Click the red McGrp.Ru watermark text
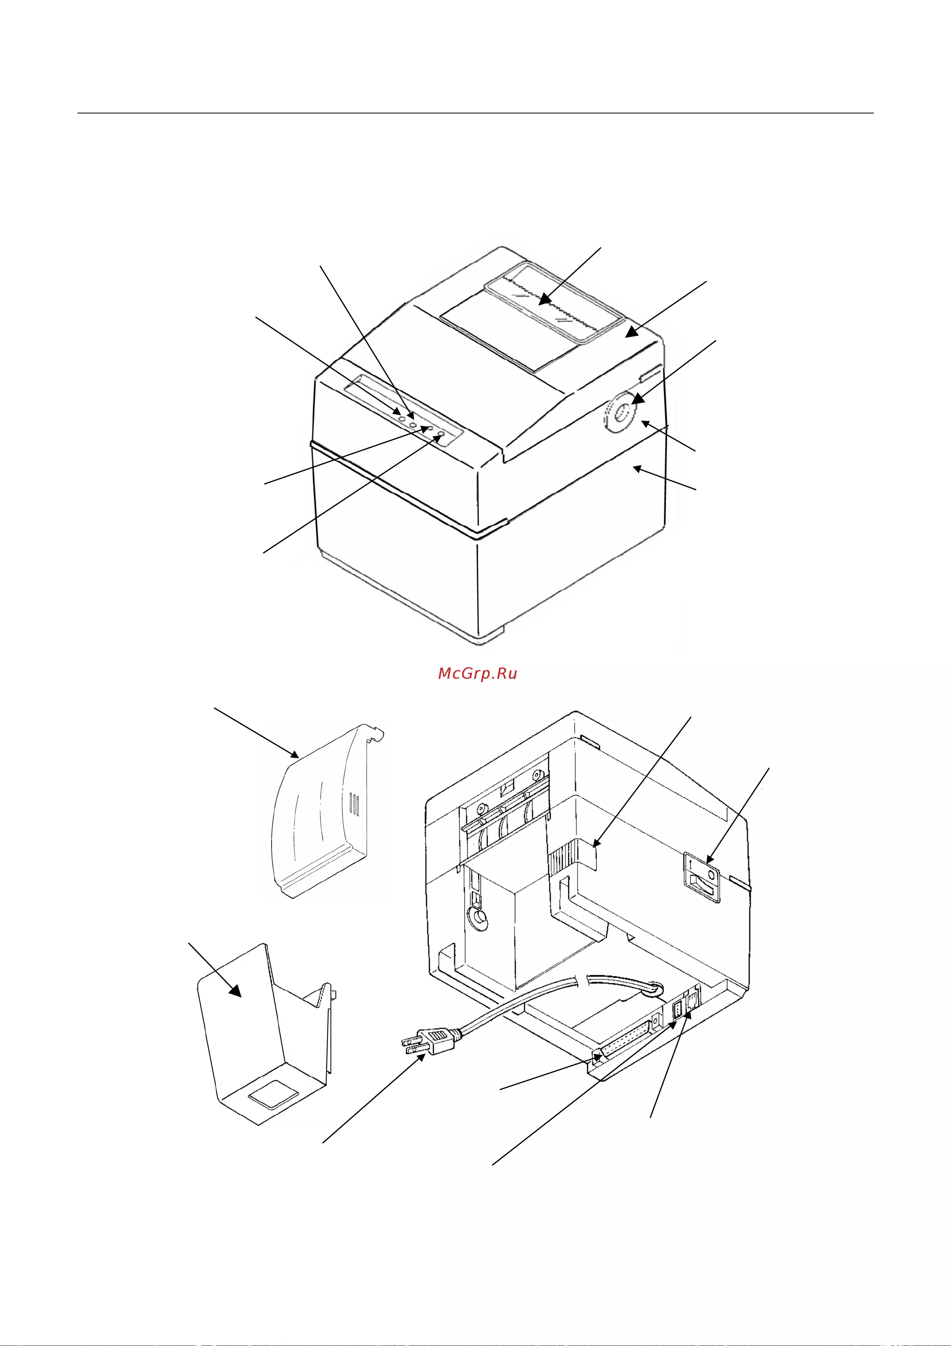[x=478, y=674]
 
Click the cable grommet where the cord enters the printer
[x=657, y=990]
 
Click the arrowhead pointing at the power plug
[x=421, y=1056]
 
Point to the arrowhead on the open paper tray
[x=235, y=990]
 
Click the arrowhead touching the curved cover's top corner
[x=294, y=754]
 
